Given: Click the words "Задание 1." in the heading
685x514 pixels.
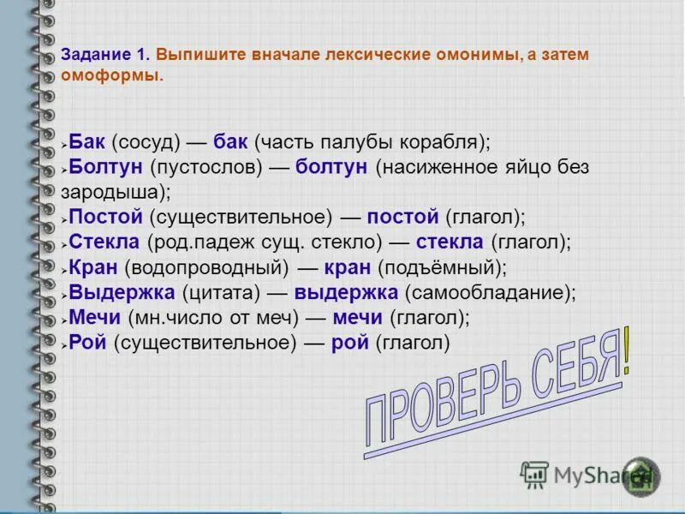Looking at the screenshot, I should [x=105, y=54].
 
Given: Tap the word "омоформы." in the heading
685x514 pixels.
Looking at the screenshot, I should [x=112, y=75].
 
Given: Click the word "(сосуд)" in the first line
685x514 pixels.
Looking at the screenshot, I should [x=143, y=141].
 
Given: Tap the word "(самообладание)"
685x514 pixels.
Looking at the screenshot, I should [x=489, y=292].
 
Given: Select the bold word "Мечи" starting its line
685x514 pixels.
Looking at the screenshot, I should [x=95, y=318].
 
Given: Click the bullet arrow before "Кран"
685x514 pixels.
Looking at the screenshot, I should [x=64, y=268].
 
